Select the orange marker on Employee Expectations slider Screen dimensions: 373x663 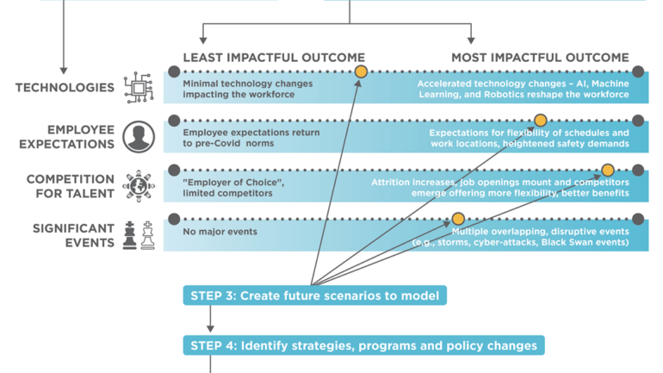coord(540,121)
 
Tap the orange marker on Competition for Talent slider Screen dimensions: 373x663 coord(607,170)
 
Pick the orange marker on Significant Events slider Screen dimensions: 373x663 coord(458,219)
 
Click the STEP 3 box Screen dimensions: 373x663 coord(314,296)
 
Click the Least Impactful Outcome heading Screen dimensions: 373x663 coord(273,58)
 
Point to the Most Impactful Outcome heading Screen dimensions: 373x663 coord(540,58)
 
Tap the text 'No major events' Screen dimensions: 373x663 coord(220,233)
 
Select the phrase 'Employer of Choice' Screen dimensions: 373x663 coord(224,183)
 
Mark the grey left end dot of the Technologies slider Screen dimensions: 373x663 coord(174,71)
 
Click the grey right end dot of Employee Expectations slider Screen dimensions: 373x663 coord(638,121)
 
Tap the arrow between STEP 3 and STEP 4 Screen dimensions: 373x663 coord(209,320)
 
